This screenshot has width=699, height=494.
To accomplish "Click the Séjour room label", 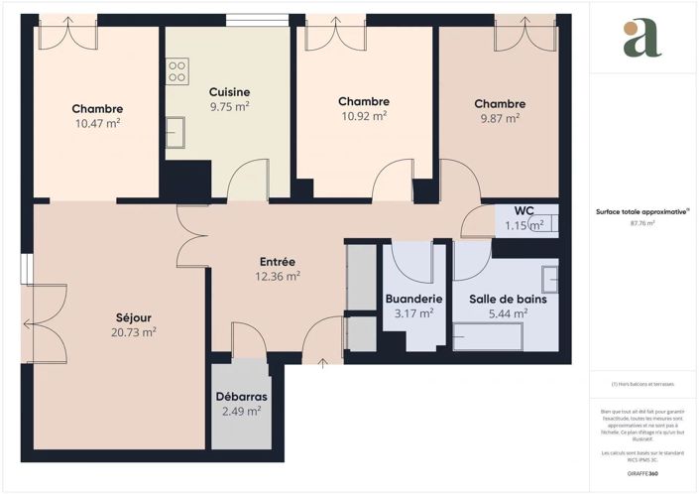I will pyautogui.click(x=133, y=317).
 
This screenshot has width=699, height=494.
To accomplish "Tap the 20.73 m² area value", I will pyautogui.click(x=133, y=333).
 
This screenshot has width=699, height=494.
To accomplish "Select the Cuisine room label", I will pyautogui.click(x=229, y=92).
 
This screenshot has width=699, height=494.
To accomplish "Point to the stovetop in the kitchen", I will pyautogui.click(x=177, y=70).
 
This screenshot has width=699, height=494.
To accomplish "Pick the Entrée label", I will pyautogui.click(x=278, y=262).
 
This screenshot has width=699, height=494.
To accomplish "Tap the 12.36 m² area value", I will pyautogui.click(x=278, y=278).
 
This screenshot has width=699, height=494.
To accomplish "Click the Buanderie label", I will pyautogui.click(x=413, y=299).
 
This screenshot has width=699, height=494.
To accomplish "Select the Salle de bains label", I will pyautogui.click(x=508, y=299).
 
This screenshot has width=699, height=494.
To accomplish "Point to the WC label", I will pyautogui.click(x=524, y=210).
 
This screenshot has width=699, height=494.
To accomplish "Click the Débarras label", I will pyautogui.click(x=242, y=397).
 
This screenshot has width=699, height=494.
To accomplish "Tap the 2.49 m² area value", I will pyautogui.click(x=242, y=412).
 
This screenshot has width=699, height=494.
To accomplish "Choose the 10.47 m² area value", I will pyautogui.click(x=97, y=124).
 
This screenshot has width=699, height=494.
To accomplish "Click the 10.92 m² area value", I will pyautogui.click(x=363, y=116).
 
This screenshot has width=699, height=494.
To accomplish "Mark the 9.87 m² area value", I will pyautogui.click(x=499, y=119).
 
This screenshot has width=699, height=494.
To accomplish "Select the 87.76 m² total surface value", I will pyautogui.click(x=643, y=224).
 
